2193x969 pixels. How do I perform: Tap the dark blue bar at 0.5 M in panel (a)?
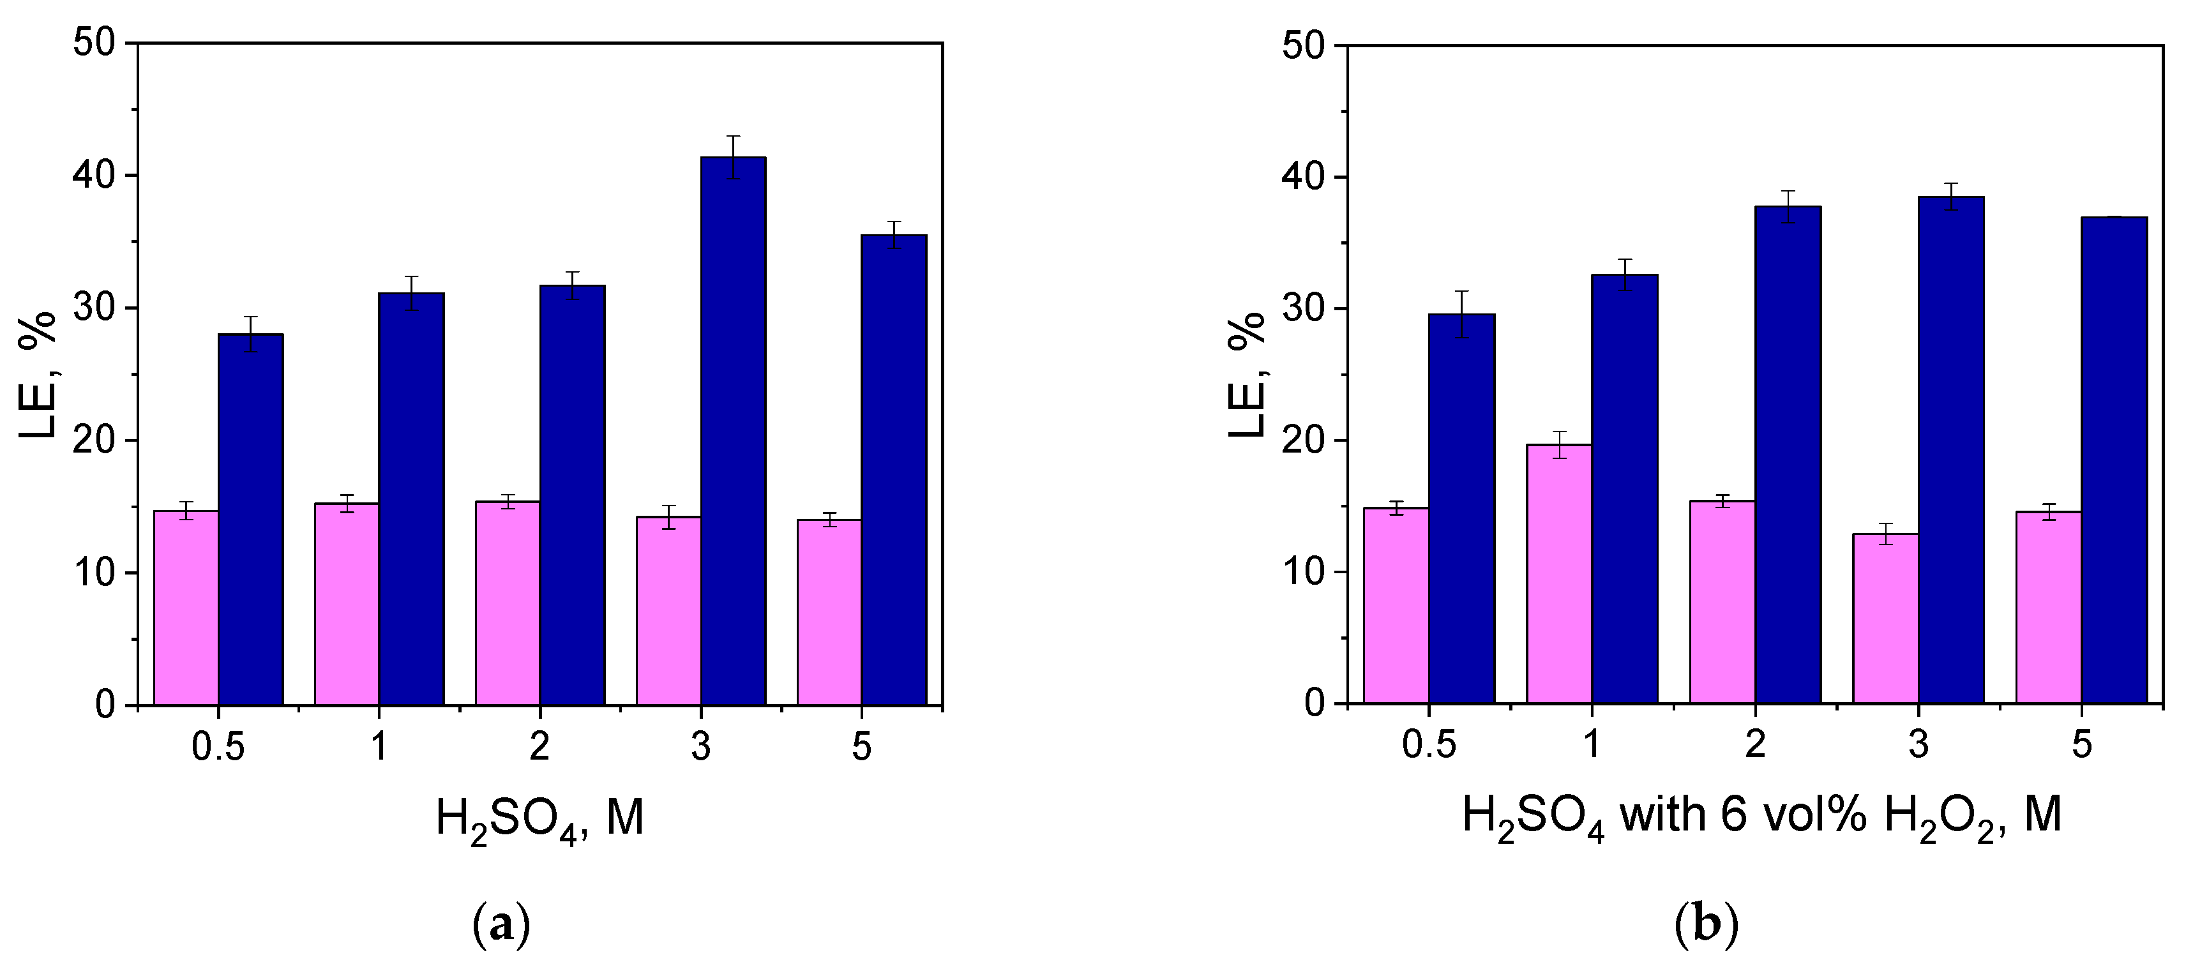(250, 520)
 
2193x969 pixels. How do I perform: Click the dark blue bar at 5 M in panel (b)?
(2114, 460)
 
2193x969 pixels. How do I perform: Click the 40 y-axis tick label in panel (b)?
(1304, 177)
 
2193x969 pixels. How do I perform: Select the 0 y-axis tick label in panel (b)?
(1315, 703)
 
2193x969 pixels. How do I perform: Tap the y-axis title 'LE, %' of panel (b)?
(1247, 375)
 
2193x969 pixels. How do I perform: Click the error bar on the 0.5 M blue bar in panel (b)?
(1462, 314)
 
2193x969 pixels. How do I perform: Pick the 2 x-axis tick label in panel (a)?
(539, 747)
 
